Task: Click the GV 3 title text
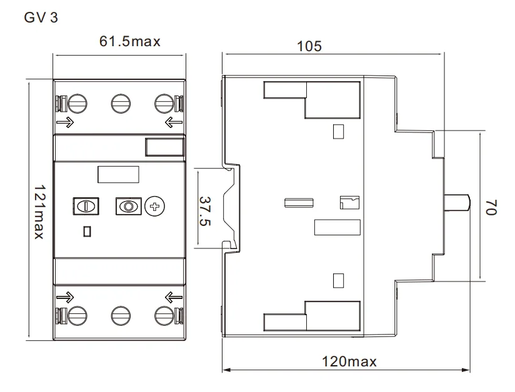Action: coord(41,17)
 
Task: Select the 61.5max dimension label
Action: coord(129,42)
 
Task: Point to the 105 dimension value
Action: coord(309,46)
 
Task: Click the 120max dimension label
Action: coord(349,361)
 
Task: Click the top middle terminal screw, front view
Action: coord(119,104)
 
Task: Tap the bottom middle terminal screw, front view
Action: coord(119,316)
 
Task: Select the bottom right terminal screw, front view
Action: coord(163,316)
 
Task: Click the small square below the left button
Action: coord(87,232)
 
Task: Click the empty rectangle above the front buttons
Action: coord(118,174)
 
